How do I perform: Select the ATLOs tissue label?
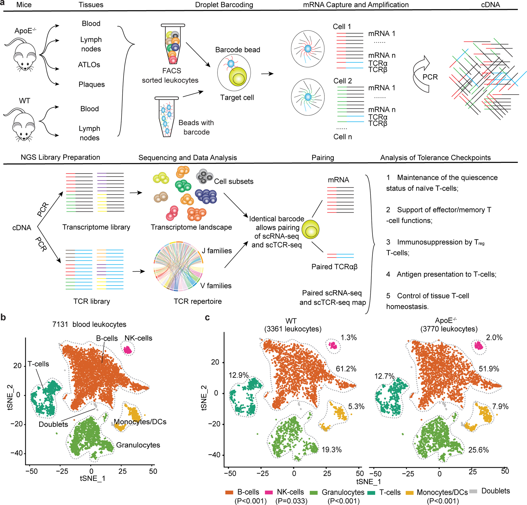point(89,65)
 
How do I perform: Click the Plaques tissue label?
point(91,84)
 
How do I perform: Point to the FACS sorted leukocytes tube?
point(173,44)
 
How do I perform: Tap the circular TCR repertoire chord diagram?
point(179,266)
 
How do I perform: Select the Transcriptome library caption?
point(96,227)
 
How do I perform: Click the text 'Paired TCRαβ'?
point(334,267)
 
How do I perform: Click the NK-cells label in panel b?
point(138,338)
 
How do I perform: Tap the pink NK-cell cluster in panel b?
point(128,349)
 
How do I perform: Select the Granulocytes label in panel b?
point(138,445)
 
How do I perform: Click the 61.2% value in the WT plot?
point(346,368)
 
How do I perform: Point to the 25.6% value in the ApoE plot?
point(478,450)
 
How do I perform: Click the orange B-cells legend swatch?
point(229,492)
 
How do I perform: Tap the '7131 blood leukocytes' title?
point(89,324)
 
